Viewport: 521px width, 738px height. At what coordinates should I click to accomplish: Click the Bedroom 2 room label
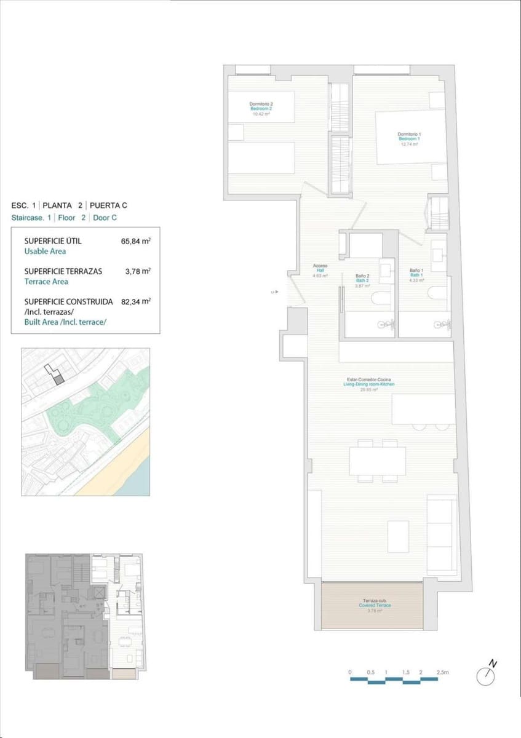point(261,108)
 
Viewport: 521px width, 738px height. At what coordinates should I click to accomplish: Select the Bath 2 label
point(362,280)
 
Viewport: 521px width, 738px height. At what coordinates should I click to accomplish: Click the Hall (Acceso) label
point(320,271)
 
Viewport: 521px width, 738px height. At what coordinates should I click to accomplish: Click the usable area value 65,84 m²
point(136,241)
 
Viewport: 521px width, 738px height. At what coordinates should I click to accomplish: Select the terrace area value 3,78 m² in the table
point(138,271)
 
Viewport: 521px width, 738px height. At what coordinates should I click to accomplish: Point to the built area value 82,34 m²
point(136,301)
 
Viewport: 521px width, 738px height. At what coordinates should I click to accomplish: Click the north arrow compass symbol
point(486,675)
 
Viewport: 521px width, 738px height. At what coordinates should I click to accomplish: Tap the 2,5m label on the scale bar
point(442,672)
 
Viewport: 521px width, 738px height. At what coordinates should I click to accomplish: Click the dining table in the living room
point(377,461)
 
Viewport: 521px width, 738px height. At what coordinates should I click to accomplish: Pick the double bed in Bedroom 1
point(410,137)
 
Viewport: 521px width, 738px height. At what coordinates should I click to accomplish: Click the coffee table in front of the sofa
point(398,536)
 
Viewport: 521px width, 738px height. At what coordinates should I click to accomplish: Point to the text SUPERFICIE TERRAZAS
point(63,271)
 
